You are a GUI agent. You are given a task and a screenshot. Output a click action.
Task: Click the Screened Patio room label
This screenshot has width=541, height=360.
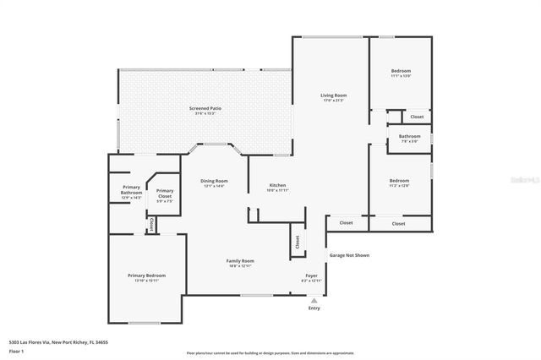(x=205, y=108)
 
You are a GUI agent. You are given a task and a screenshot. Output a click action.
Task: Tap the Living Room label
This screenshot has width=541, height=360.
(x=333, y=95)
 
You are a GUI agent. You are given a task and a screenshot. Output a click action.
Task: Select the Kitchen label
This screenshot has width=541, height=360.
(x=278, y=185)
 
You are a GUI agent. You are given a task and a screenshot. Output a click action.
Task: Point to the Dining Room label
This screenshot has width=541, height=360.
(x=214, y=181)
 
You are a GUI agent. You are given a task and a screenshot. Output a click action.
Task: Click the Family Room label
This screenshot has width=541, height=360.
(x=240, y=261)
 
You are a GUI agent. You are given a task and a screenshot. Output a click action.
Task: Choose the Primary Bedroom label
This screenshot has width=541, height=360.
(x=146, y=275)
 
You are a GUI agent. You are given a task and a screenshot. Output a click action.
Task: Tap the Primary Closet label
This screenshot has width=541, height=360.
(x=165, y=191)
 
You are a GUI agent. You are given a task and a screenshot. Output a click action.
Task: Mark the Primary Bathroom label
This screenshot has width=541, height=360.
(x=131, y=190)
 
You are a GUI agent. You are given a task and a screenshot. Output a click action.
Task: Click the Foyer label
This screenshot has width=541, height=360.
(x=311, y=275)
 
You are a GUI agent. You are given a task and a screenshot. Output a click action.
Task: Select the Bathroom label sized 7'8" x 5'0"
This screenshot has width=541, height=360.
(x=410, y=136)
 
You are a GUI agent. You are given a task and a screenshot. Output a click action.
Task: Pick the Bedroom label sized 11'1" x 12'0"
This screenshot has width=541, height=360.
(x=401, y=70)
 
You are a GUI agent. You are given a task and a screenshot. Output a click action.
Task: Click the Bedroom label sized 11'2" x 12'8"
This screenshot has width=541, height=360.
(x=400, y=181)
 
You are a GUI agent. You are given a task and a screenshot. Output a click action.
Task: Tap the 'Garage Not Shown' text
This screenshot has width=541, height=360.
(x=349, y=255)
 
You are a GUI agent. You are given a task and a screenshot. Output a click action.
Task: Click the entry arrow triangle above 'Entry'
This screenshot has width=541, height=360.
(x=314, y=299)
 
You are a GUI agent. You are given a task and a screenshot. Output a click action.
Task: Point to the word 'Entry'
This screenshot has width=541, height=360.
(x=314, y=308)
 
